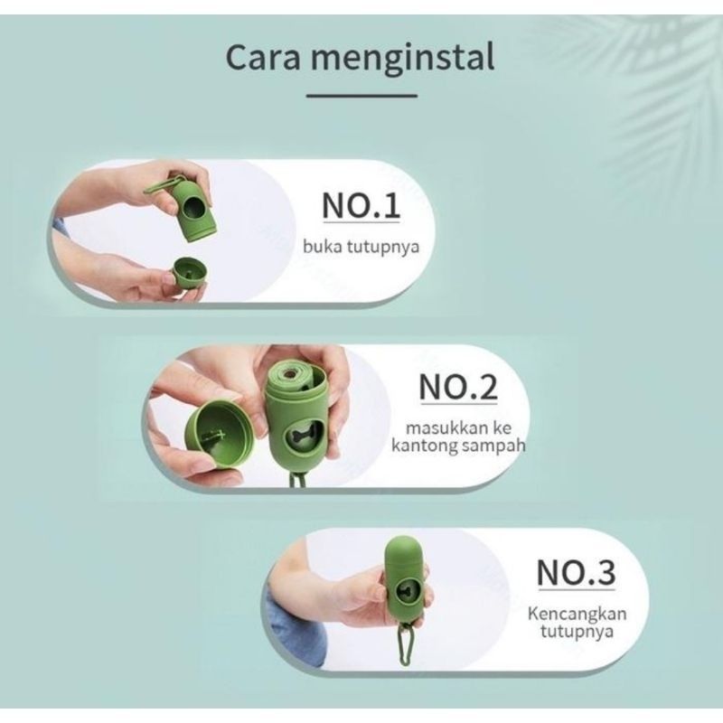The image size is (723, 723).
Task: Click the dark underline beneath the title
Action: click(x=361, y=94)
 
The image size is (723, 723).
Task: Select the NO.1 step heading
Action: click(x=361, y=206)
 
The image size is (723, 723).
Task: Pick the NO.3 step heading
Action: click(x=576, y=572)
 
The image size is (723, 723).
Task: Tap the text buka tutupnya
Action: click(x=361, y=246)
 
